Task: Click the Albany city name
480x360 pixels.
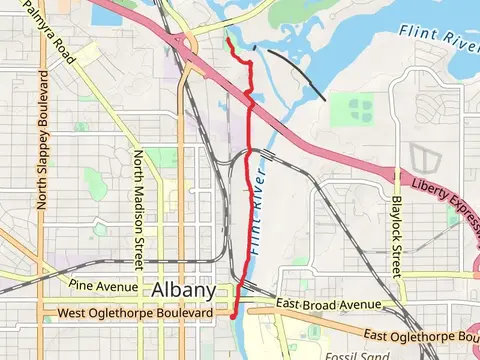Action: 184,290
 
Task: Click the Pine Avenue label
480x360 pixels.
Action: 103,287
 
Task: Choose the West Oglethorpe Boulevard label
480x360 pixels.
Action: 136,313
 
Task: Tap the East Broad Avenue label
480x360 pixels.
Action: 329,303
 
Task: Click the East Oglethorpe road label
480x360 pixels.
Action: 420,335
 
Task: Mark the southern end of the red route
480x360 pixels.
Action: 233,315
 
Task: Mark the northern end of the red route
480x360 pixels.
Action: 229,42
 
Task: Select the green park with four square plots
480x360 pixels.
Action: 352,108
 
